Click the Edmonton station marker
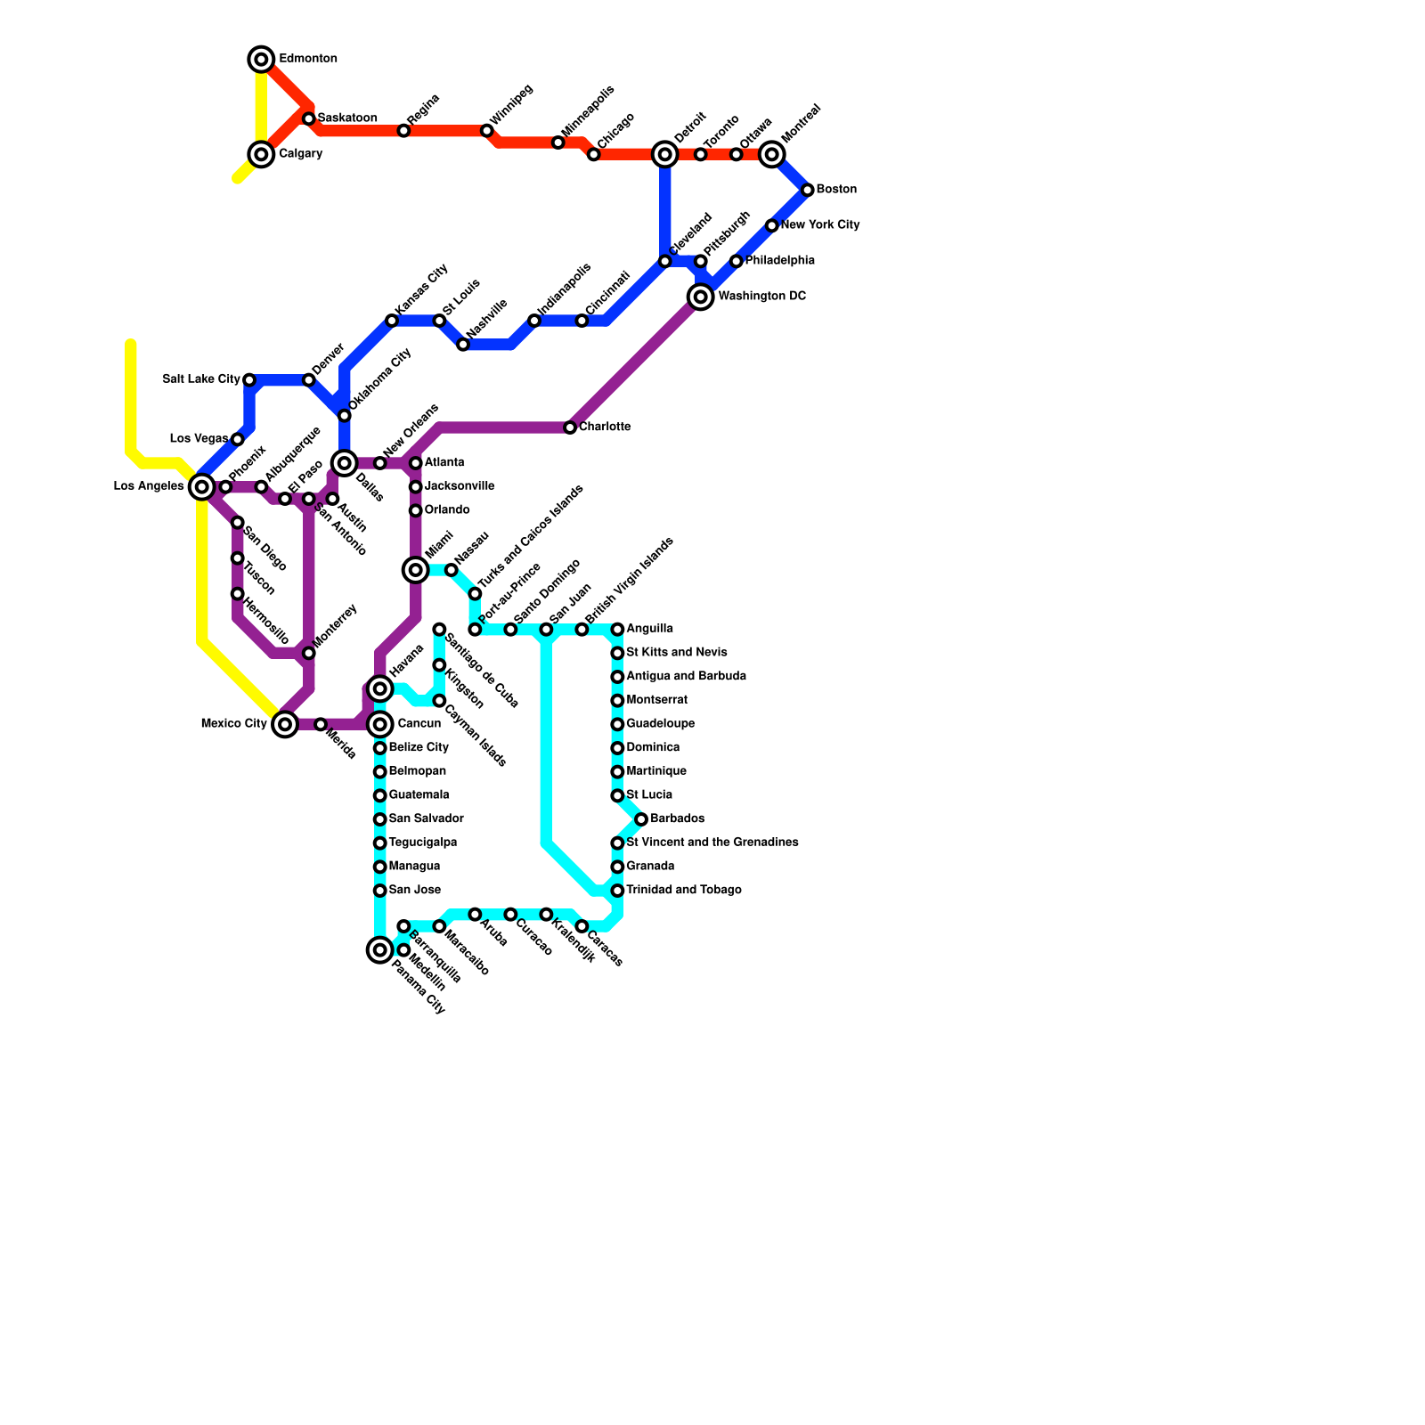tap(261, 60)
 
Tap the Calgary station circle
tap(261, 155)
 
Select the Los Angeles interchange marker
tap(202, 486)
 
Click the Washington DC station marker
tap(701, 297)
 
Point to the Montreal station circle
tap(772, 155)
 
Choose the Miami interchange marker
tap(416, 569)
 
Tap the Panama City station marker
tap(380, 950)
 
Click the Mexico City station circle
tap(285, 724)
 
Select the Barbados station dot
tap(641, 819)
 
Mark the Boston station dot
tap(808, 190)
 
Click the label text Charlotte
tap(605, 427)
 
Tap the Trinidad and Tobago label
tap(683, 891)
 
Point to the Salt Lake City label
tap(201, 379)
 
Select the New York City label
tap(819, 225)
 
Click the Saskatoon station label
tap(346, 118)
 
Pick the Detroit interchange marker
tap(665, 155)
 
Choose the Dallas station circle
tap(345, 463)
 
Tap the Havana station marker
tap(380, 688)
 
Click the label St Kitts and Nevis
tap(676, 653)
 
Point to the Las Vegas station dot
tap(238, 440)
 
